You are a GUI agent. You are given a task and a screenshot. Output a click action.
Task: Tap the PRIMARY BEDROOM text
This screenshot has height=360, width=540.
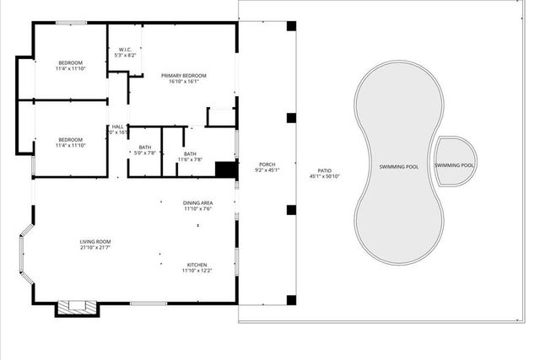coord(184,76)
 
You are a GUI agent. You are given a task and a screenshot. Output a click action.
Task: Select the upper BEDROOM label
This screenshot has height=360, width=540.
coord(70,63)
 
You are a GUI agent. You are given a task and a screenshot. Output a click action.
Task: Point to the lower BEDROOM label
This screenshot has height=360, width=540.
coord(70,140)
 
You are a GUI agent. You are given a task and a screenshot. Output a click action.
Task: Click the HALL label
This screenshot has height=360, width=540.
coord(118,127)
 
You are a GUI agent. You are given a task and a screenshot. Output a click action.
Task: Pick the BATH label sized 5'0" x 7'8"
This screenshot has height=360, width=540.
coord(145,148)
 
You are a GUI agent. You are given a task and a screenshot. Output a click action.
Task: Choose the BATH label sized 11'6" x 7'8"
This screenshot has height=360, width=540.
coord(190,154)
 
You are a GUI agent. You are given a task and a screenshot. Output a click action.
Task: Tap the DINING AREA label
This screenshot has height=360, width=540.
coord(197,203)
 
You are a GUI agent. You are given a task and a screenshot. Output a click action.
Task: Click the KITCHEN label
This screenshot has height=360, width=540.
coord(197,264)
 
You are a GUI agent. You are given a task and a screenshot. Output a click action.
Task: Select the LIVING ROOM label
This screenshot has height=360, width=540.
coord(94,242)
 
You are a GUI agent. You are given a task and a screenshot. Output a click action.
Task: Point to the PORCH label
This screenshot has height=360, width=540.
coord(267,164)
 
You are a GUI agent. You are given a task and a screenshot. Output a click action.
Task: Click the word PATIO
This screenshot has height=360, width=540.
coord(324,170)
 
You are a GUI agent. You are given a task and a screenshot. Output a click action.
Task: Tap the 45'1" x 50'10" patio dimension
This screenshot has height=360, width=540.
coord(324,176)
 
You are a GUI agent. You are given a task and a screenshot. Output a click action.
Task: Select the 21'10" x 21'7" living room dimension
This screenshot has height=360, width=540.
coord(94,248)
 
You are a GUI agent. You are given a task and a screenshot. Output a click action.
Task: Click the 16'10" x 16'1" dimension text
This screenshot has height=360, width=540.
coord(184,82)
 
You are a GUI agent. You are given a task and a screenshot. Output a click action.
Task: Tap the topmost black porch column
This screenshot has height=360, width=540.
coord(291,26)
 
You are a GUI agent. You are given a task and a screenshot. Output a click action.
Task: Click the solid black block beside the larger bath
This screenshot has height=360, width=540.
coord(225,169)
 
